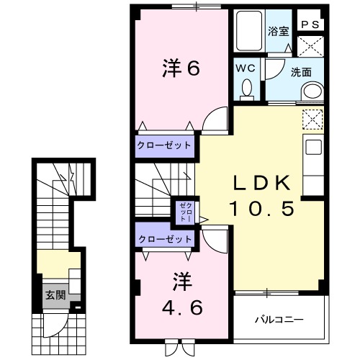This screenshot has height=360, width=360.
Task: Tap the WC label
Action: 246,68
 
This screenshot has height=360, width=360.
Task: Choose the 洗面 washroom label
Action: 300,73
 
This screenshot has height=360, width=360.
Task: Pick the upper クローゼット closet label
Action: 165,145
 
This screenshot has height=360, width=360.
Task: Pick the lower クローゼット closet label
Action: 165,238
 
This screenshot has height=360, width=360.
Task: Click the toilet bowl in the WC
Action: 246,88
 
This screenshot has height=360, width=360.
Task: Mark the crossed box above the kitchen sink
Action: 312,118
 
